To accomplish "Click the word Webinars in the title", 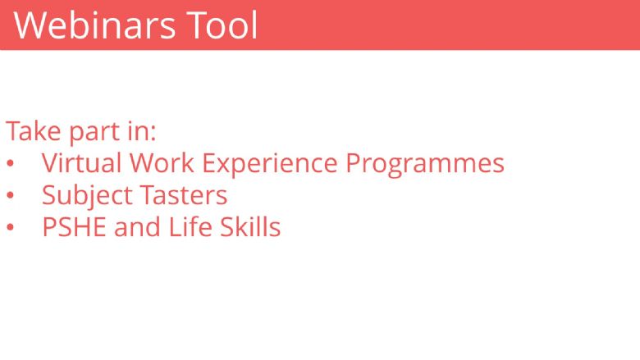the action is click(x=94, y=25).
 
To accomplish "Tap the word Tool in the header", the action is click(x=222, y=25).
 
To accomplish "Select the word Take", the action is click(x=33, y=131).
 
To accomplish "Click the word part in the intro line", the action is click(x=94, y=133).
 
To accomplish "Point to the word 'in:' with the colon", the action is click(x=142, y=131).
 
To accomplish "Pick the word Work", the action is click(x=162, y=163).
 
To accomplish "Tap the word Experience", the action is click(x=270, y=165).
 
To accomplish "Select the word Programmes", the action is click(x=425, y=165).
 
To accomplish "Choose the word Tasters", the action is click(x=184, y=195).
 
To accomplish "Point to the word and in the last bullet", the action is click(x=137, y=227).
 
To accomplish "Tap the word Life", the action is click(x=190, y=226).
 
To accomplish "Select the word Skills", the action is click(x=250, y=226).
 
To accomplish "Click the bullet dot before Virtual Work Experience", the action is click(x=10, y=164).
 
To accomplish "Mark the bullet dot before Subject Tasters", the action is click(x=10, y=196).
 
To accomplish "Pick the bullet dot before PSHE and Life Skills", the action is click(x=10, y=227).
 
